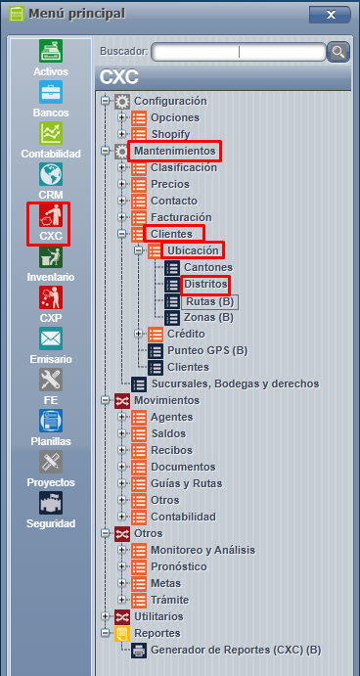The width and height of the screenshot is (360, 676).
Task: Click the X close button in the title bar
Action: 331,15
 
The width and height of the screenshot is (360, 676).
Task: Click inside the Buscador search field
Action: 239,52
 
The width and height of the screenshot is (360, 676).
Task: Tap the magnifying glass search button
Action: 337,52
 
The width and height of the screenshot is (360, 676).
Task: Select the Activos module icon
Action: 51,51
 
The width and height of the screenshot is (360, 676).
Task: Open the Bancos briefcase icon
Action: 51,92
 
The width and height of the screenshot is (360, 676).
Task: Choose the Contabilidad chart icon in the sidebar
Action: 51,133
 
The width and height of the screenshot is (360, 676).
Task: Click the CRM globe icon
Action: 51,174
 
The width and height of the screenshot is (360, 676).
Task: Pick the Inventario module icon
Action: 51,256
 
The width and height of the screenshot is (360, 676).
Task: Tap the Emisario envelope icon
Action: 51,338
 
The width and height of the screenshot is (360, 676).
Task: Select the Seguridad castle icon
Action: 51,503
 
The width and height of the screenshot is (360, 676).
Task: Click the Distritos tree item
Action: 205,284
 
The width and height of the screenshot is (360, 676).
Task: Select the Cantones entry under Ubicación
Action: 208,267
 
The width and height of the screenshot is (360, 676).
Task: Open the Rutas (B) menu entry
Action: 209,301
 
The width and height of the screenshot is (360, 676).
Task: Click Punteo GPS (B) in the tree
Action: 207,350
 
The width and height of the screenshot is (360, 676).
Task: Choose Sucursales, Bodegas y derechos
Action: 235,383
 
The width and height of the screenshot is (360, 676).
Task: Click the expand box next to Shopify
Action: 121,134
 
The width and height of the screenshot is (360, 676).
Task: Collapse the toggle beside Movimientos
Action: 105,400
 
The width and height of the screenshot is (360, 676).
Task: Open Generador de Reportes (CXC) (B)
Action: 236,651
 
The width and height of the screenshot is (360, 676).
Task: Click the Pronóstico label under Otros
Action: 178,566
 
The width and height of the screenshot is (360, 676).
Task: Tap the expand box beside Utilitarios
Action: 105,616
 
